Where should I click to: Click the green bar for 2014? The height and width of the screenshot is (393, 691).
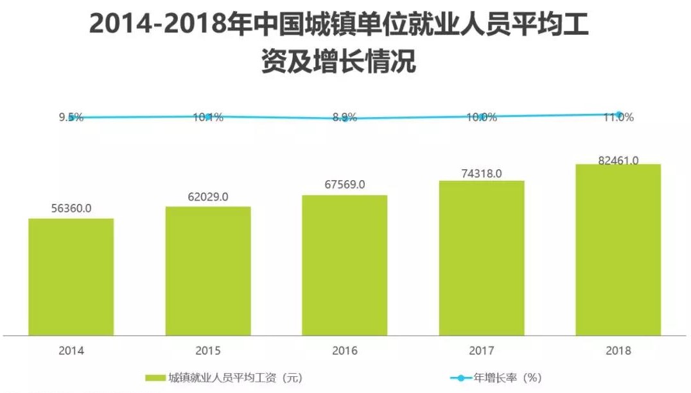(x=71, y=277)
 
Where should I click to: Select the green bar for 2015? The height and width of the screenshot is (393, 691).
(x=207, y=271)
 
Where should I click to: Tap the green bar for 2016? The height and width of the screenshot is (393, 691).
(x=344, y=265)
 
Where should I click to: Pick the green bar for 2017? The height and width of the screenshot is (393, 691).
(x=482, y=257)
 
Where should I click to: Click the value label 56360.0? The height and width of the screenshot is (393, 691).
(x=71, y=208)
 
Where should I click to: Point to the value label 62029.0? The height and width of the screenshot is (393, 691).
(x=207, y=197)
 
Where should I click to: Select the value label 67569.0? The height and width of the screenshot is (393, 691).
(x=344, y=185)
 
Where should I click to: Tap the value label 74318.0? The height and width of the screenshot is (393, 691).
(x=481, y=172)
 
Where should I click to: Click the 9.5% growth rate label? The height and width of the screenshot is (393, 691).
(x=71, y=117)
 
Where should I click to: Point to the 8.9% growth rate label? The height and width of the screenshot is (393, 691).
(x=345, y=118)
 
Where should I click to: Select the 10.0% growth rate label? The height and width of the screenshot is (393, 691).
(x=482, y=117)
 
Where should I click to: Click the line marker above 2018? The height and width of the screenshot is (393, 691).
(x=618, y=115)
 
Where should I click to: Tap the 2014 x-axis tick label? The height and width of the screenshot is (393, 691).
(x=71, y=351)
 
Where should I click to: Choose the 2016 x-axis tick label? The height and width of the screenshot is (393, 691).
(x=344, y=351)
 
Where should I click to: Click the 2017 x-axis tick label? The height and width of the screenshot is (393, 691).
(x=481, y=351)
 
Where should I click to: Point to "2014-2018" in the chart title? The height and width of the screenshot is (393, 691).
(x=158, y=24)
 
